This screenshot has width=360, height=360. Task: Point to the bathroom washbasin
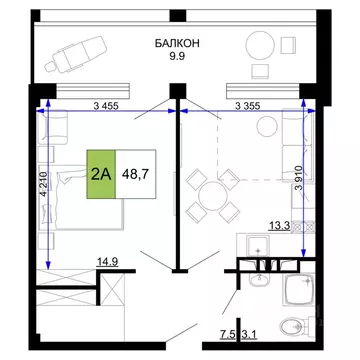click(296, 291)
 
